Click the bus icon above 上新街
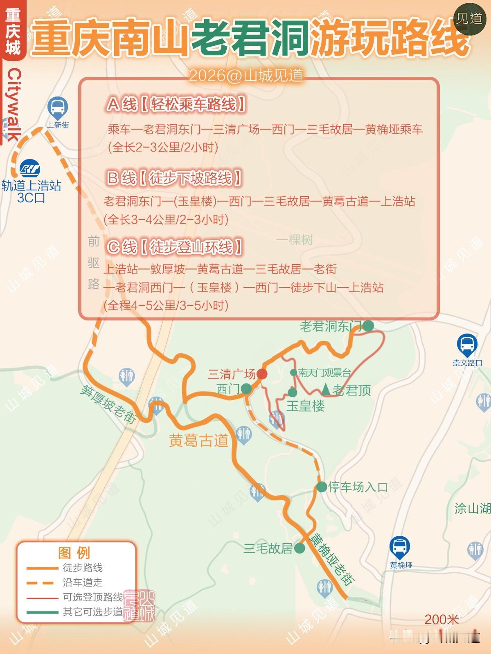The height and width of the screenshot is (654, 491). (x=58, y=107)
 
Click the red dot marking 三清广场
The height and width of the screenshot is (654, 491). (x=262, y=374)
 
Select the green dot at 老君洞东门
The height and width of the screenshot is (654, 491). (x=368, y=326)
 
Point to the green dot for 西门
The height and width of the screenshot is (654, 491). (x=246, y=389)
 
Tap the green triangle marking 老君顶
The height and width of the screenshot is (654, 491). (x=326, y=390)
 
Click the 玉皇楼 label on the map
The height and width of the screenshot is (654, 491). (x=305, y=406)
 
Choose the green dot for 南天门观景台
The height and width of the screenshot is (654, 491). (x=293, y=372)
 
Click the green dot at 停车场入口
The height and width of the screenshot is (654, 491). (x=322, y=487)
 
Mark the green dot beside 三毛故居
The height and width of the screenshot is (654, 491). (x=300, y=548)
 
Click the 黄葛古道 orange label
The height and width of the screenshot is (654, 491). (x=198, y=441)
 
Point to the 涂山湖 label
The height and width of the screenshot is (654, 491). (x=473, y=508)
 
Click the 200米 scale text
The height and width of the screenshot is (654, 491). (x=441, y=619)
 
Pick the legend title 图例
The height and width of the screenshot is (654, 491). (x=74, y=553)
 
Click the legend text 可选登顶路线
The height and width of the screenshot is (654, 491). (x=93, y=597)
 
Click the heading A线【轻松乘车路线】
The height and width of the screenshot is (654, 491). (x=176, y=105)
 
